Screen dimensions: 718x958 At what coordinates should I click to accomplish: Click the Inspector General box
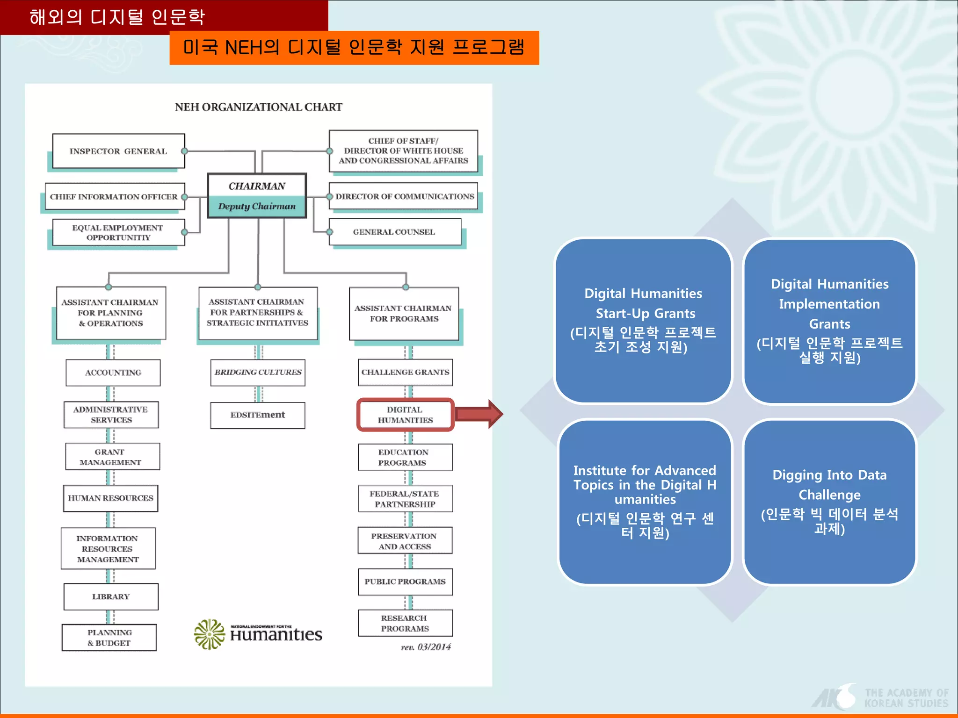click(x=118, y=151)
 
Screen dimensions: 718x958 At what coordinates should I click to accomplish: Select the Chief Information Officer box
click(x=115, y=197)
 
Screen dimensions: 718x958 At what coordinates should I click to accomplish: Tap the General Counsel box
click(x=394, y=232)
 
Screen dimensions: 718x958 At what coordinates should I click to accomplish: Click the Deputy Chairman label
click(x=257, y=206)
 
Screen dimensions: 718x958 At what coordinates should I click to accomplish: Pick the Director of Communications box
click(x=404, y=196)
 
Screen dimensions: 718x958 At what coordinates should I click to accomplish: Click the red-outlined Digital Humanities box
click(x=405, y=415)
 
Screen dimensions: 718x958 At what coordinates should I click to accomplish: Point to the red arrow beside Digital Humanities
click(x=479, y=414)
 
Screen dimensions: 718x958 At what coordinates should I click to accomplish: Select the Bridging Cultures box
click(x=258, y=373)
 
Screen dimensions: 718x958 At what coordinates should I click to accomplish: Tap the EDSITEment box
click(x=258, y=415)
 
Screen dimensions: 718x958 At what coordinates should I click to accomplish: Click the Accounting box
click(x=113, y=373)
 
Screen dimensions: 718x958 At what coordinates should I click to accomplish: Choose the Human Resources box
click(x=110, y=498)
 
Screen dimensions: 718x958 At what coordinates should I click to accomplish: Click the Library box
click(x=111, y=596)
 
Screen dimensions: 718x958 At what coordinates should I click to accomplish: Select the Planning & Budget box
click(x=109, y=638)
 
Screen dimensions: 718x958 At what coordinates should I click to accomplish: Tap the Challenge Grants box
click(x=405, y=373)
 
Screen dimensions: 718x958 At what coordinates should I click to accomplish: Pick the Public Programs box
click(x=405, y=582)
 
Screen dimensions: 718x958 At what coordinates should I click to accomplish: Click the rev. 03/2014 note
click(x=426, y=647)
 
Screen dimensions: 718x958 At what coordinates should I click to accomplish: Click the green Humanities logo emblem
click(x=209, y=634)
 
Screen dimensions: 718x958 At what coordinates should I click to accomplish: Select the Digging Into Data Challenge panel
click(x=829, y=502)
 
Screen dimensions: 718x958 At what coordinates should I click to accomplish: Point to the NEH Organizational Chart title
click(x=259, y=107)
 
